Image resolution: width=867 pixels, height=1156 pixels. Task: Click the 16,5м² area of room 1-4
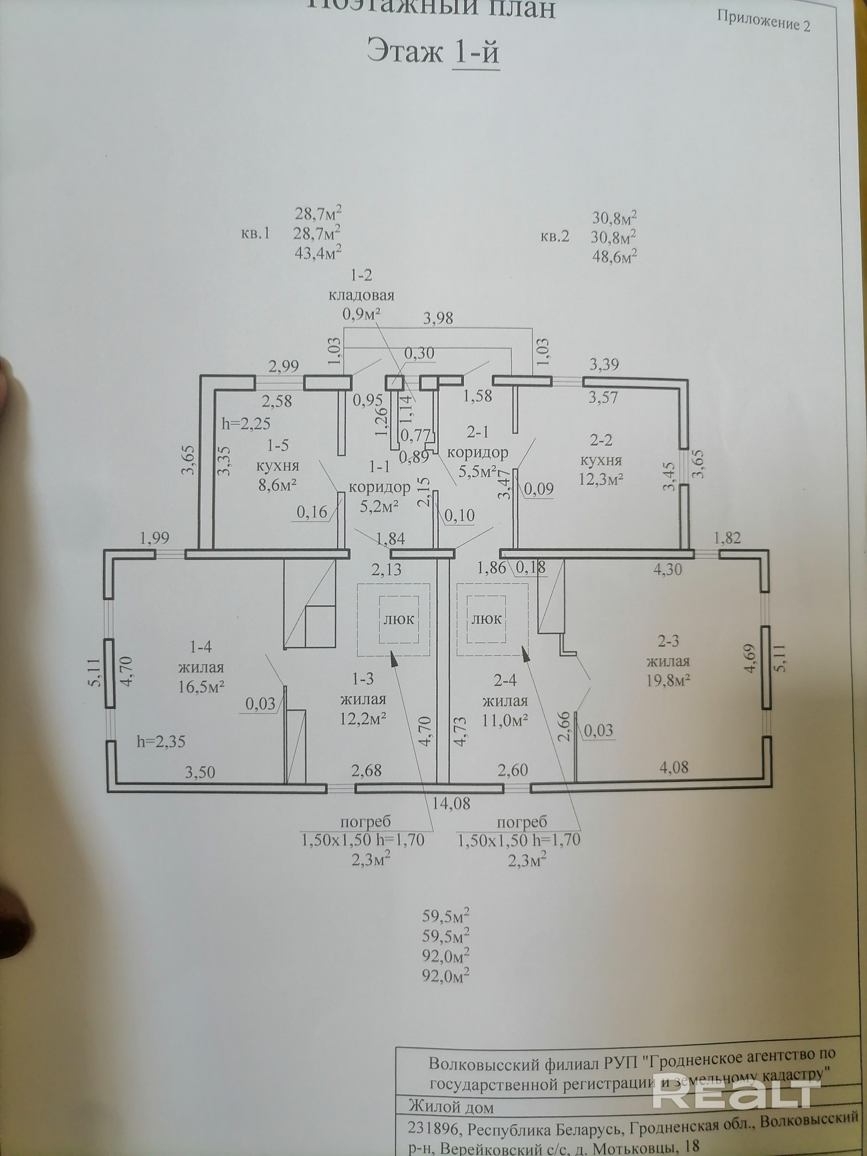point(201,686)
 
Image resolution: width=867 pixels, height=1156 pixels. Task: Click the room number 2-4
point(505,680)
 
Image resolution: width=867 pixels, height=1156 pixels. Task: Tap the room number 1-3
point(363,679)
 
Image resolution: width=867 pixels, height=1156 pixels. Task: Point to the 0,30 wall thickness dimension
point(419,353)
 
